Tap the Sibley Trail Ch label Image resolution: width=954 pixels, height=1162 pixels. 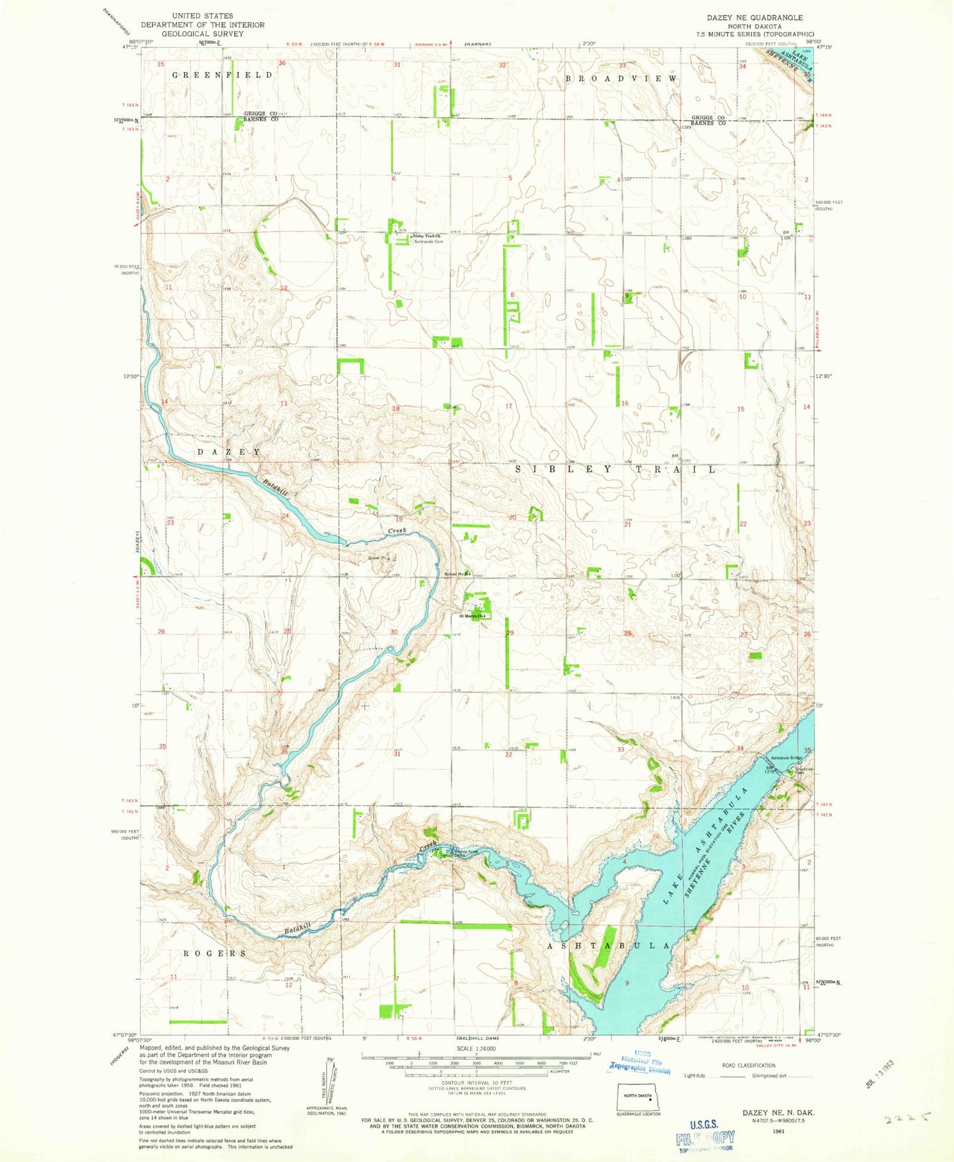[426, 236]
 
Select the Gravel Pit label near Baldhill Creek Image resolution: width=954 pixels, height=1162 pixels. [377, 558]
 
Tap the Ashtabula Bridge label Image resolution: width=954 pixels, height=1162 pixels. [784, 757]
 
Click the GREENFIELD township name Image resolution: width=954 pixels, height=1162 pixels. [222, 75]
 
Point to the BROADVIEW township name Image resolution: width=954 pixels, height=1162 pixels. [621, 79]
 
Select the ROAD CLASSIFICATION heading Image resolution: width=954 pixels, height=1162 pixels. [749, 1066]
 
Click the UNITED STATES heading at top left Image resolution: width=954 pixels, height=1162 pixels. [202, 16]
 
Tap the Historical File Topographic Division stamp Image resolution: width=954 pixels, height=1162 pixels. [640, 1062]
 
